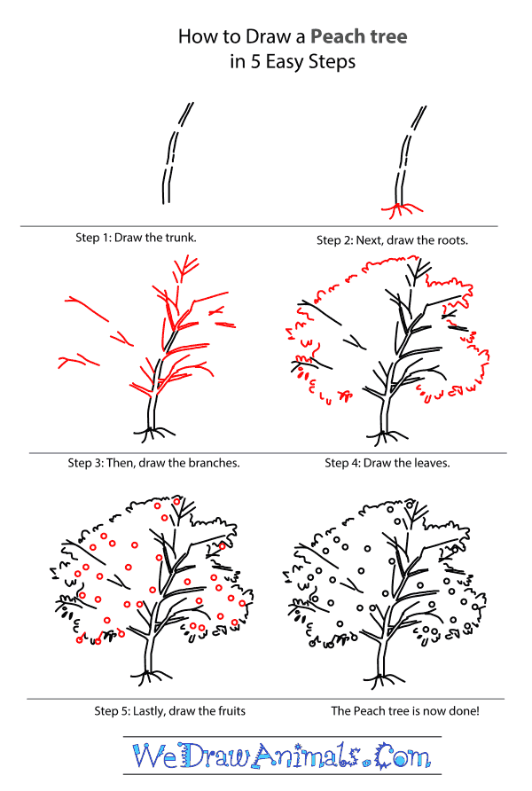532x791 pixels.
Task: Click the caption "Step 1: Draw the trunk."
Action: click(x=137, y=238)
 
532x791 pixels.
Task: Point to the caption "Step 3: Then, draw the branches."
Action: click(x=153, y=462)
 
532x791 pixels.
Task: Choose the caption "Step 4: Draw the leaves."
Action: click(x=387, y=462)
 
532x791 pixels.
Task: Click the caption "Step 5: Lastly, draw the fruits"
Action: click(x=170, y=710)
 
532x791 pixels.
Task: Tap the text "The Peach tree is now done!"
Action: click(x=406, y=710)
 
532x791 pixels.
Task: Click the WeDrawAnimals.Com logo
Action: click(x=281, y=756)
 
